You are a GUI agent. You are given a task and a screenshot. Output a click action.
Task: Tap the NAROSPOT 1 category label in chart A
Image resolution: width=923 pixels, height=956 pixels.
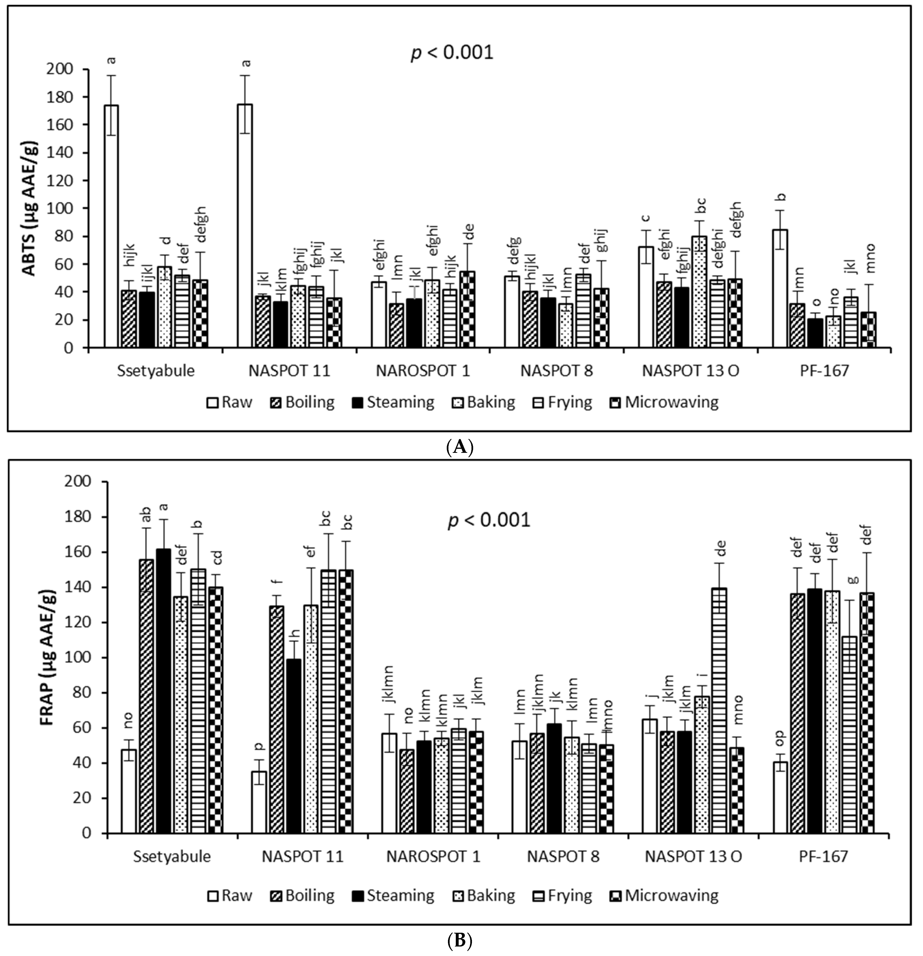point(423,371)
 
